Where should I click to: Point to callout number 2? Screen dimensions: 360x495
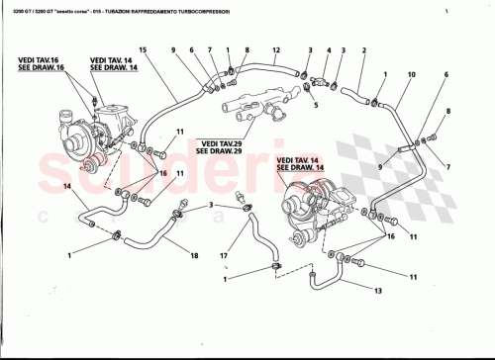(x=364, y=50)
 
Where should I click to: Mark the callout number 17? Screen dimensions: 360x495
(x=224, y=255)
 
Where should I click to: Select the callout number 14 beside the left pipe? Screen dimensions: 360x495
(x=68, y=186)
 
